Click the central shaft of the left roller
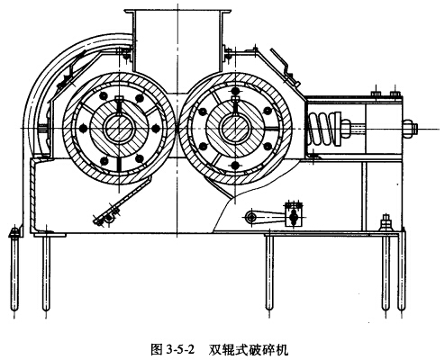coord(119,129)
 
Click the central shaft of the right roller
coord(235,129)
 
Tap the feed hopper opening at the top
coord(177,12)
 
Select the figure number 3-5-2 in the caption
coord(180,350)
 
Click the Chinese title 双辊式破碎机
coord(249,350)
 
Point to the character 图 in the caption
coord(157,350)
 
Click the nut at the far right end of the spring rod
coord(409,129)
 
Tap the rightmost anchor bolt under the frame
coord(402,272)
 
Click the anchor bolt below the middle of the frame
coord(269,273)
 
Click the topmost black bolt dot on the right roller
coord(235,91)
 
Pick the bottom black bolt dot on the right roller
coord(235,165)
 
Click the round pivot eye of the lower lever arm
coord(250,218)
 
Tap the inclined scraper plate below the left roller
coord(123,201)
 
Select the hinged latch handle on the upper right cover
coord(285,67)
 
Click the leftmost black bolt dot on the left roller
coord(83,129)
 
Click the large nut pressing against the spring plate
coord(346,129)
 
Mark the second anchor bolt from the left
coord(46,273)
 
